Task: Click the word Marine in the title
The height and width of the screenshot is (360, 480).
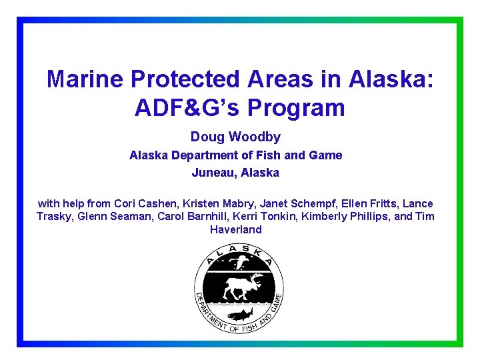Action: [86, 79]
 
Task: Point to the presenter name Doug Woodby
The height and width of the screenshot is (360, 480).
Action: [235, 137]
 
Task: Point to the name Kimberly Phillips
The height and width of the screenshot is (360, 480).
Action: [343, 217]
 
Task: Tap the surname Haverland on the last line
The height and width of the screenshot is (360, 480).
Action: [236, 229]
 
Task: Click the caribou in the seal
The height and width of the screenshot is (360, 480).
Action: [239, 287]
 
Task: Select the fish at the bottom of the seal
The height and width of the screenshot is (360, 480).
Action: [239, 314]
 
